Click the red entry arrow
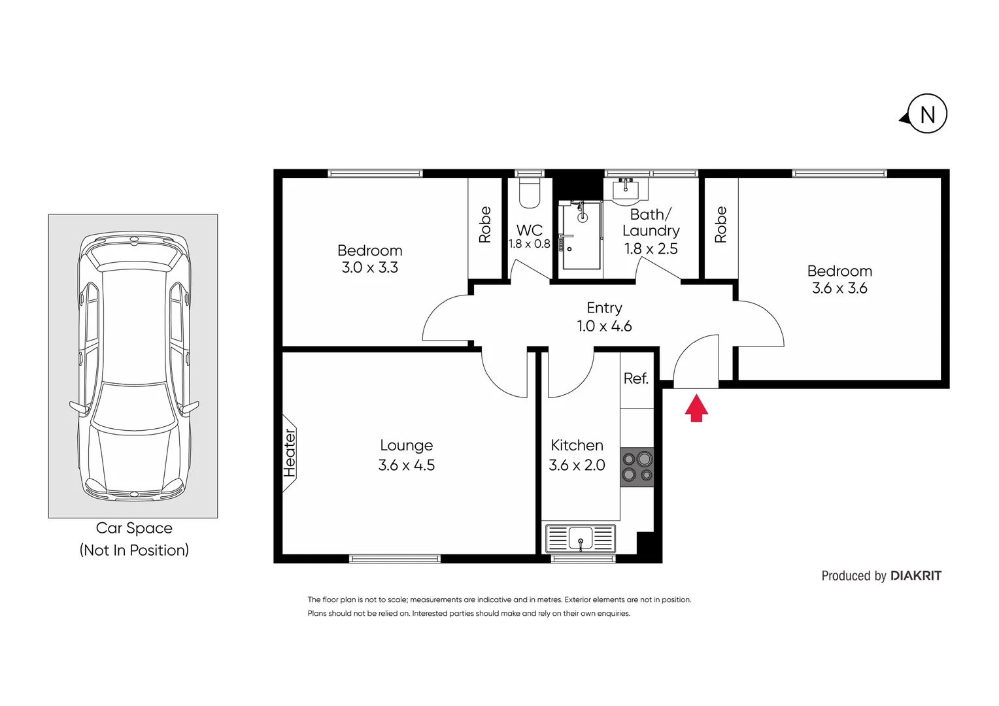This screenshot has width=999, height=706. (696, 408)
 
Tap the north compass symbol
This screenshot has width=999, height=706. (926, 115)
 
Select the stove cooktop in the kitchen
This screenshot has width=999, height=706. (637, 467)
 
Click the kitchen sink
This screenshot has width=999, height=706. (580, 539)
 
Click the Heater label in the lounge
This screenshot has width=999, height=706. (290, 452)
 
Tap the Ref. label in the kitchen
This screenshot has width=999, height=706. (636, 378)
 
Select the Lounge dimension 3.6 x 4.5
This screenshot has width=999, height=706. (406, 465)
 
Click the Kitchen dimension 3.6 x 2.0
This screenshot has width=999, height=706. (577, 465)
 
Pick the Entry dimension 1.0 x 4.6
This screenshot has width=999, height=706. (604, 326)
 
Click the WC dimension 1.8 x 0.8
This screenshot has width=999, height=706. (530, 244)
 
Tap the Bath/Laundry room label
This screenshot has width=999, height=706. (651, 222)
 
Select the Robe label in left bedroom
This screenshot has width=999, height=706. (485, 225)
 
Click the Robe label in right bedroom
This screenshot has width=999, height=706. (720, 225)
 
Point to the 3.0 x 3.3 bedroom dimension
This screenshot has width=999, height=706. (369, 267)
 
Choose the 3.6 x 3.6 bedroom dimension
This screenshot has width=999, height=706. (839, 288)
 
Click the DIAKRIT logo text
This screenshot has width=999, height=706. (916, 576)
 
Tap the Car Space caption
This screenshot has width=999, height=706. (134, 528)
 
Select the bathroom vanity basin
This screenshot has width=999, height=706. (626, 189)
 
